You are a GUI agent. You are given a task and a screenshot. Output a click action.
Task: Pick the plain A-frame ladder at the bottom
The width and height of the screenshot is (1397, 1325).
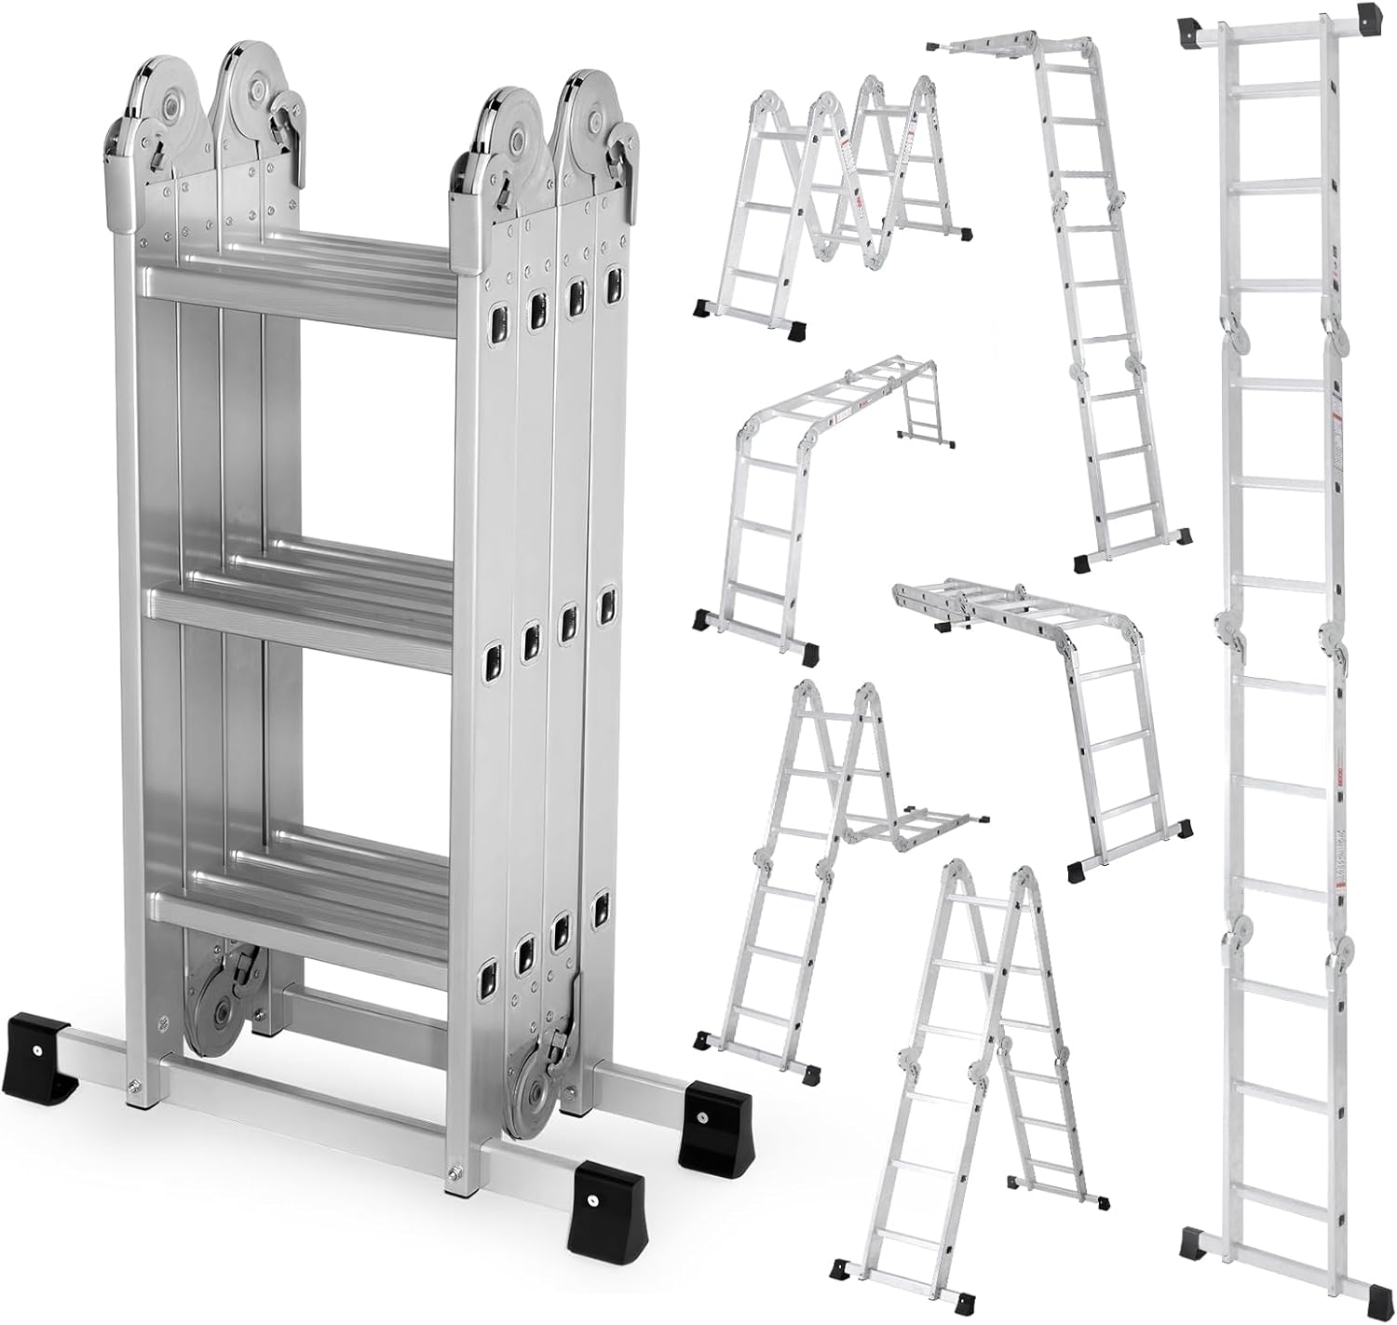click(x=969, y=1061)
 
